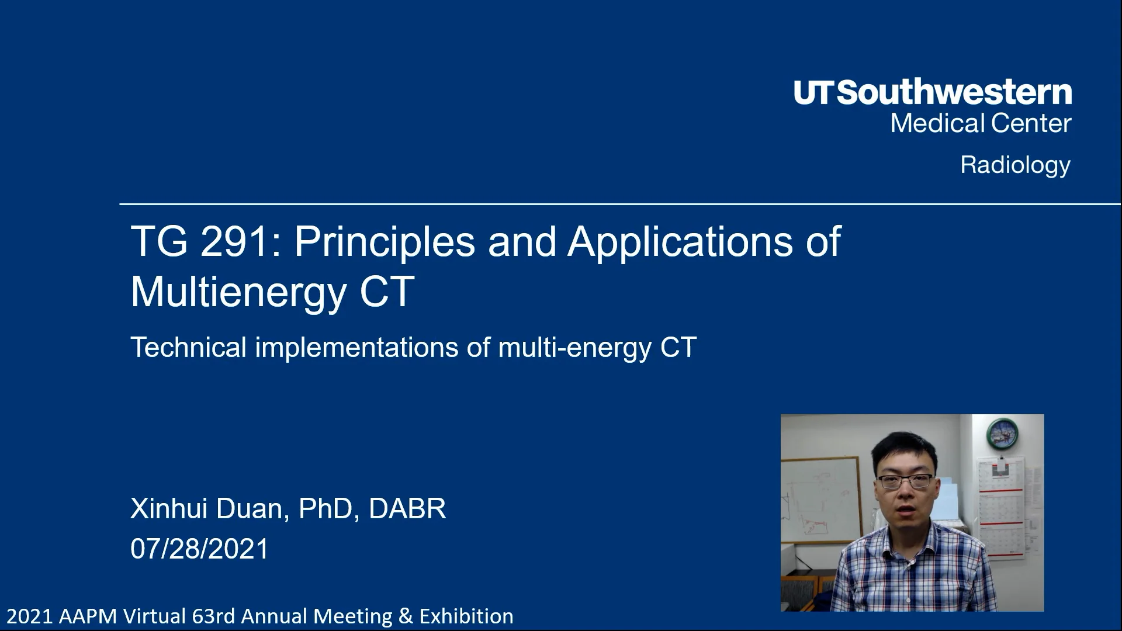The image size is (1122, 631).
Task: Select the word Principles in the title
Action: click(x=385, y=242)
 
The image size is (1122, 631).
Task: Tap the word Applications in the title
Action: click(x=680, y=242)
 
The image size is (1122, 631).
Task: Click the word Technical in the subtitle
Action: click(x=189, y=347)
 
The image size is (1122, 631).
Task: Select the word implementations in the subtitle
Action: click(x=356, y=348)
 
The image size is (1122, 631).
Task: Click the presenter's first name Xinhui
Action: click(x=169, y=508)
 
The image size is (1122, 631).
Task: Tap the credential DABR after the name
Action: click(x=407, y=508)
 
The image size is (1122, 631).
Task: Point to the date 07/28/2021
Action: click(x=199, y=549)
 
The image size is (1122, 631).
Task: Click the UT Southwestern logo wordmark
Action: click(x=933, y=93)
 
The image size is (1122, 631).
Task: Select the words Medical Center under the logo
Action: click(x=981, y=123)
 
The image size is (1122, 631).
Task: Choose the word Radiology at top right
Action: click(x=1016, y=165)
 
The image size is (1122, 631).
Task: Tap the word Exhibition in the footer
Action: click(x=466, y=616)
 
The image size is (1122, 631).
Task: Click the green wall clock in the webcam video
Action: click(x=1002, y=432)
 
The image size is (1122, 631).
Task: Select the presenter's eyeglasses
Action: click(x=905, y=481)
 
